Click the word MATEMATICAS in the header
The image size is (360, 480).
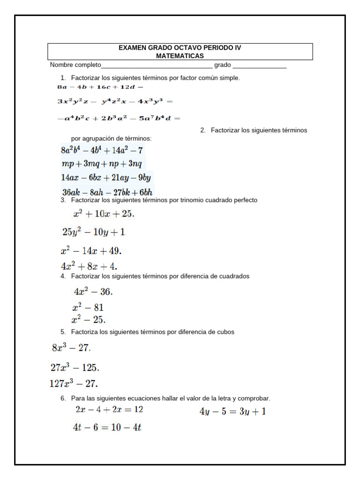click(x=180, y=56)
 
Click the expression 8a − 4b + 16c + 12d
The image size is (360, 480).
click(x=100, y=87)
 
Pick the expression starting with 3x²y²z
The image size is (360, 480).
click(x=115, y=101)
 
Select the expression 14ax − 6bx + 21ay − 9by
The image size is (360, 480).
click(x=106, y=178)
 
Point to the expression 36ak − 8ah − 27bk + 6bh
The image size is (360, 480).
click(x=107, y=192)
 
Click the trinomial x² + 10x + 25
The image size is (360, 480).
click(x=104, y=214)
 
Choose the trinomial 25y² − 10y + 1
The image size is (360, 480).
click(x=93, y=232)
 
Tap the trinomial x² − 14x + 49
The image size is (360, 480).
click(x=91, y=250)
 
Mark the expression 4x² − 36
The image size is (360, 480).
click(x=93, y=292)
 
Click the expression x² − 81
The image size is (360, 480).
click(x=88, y=308)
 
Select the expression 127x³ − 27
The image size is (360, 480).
click(x=74, y=383)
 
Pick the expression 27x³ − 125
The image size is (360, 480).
click(x=75, y=367)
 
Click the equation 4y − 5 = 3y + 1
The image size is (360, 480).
click(x=232, y=412)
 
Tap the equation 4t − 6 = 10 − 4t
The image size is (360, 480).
click(x=107, y=427)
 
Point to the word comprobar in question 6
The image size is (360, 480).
click(x=254, y=398)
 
